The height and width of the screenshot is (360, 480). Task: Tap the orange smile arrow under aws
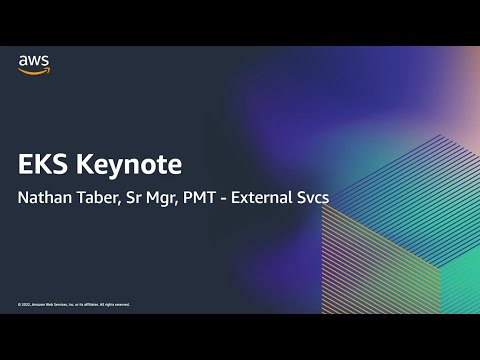(x=33, y=70)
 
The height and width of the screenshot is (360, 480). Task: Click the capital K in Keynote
(x=82, y=165)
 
